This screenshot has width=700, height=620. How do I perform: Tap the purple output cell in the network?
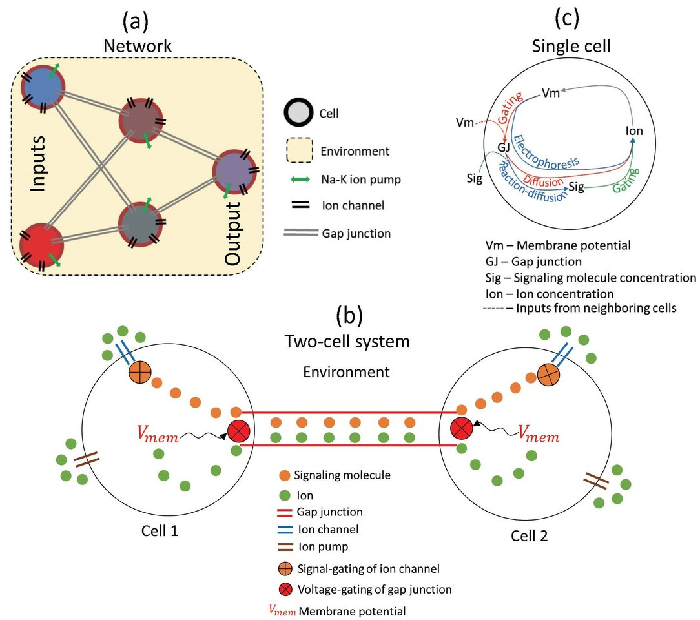[x=234, y=172]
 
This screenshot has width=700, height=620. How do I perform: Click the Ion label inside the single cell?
[x=634, y=131]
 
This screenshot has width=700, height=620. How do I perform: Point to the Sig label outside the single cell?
[x=474, y=179]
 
